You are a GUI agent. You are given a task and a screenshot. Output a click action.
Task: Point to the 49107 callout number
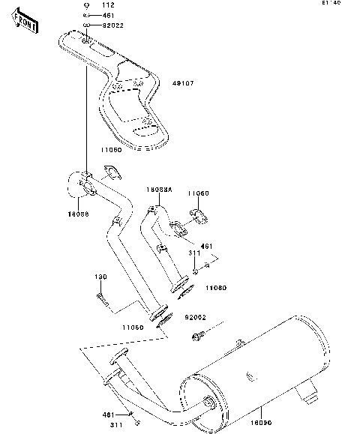pyautogui.click(x=184, y=83)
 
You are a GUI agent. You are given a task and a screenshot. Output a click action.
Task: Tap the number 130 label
pyautogui.click(x=101, y=277)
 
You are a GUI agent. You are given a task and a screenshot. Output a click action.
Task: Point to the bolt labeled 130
pyautogui.click(x=104, y=301)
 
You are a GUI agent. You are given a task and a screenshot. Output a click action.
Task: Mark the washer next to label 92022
pyautogui.click(x=87, y=24)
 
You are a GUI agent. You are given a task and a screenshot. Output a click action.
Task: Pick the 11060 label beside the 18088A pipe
pyautogui.click(x=199, y=193)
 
